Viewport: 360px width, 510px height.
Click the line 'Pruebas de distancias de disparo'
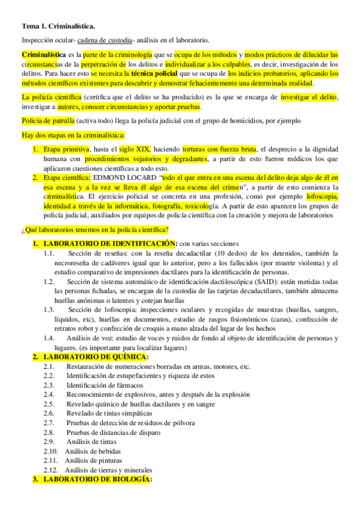[114, 432]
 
